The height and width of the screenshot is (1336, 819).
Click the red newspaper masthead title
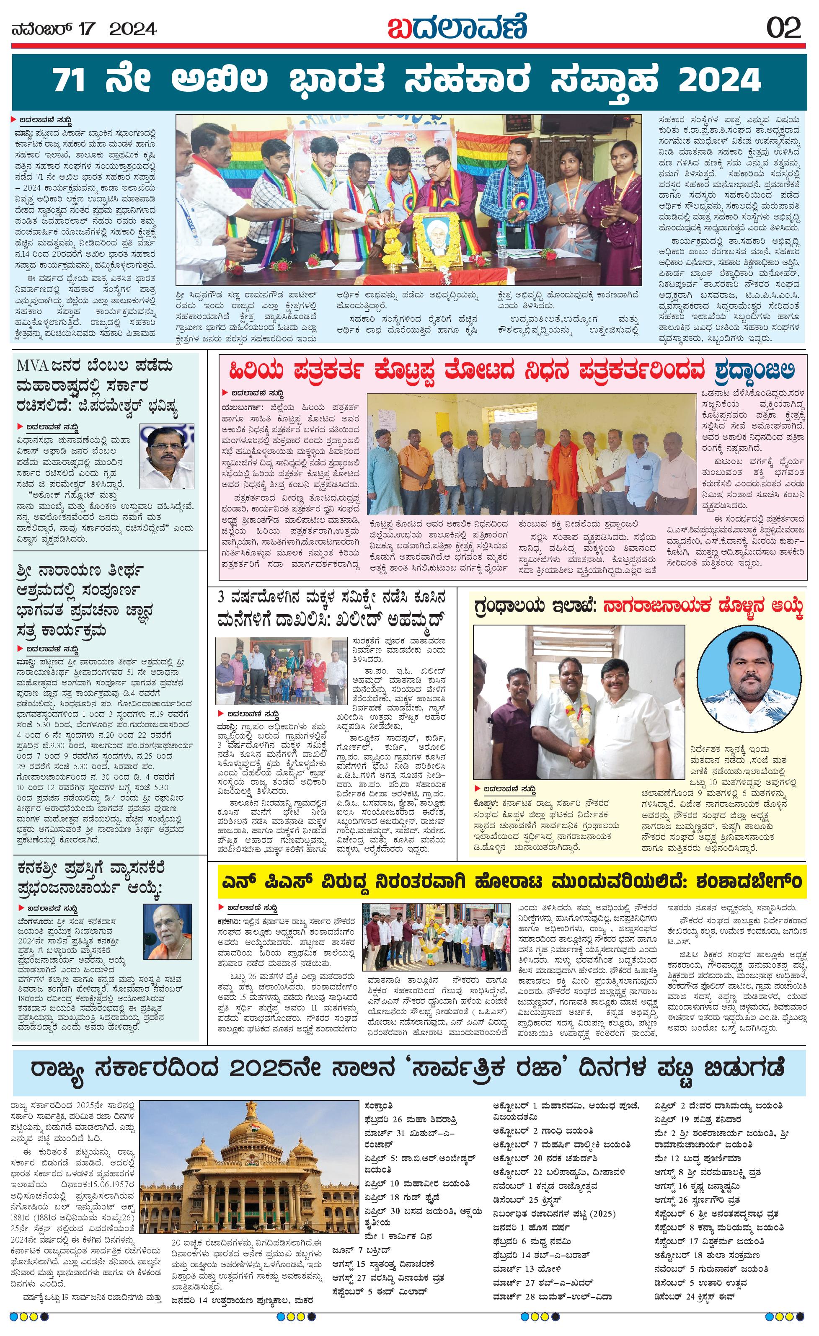(457, 27)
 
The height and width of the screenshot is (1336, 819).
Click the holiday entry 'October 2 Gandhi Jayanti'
(543, 1130)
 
